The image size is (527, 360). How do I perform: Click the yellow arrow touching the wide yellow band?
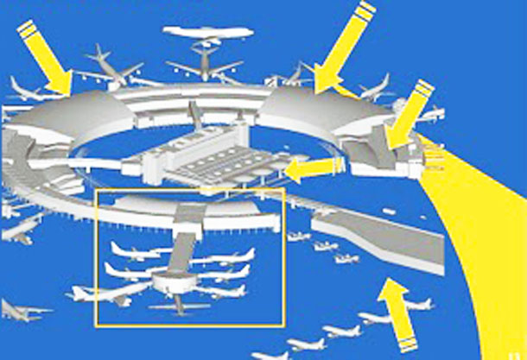click(x=407, y=117)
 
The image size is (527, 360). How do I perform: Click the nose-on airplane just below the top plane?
click(x=204, y=65)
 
